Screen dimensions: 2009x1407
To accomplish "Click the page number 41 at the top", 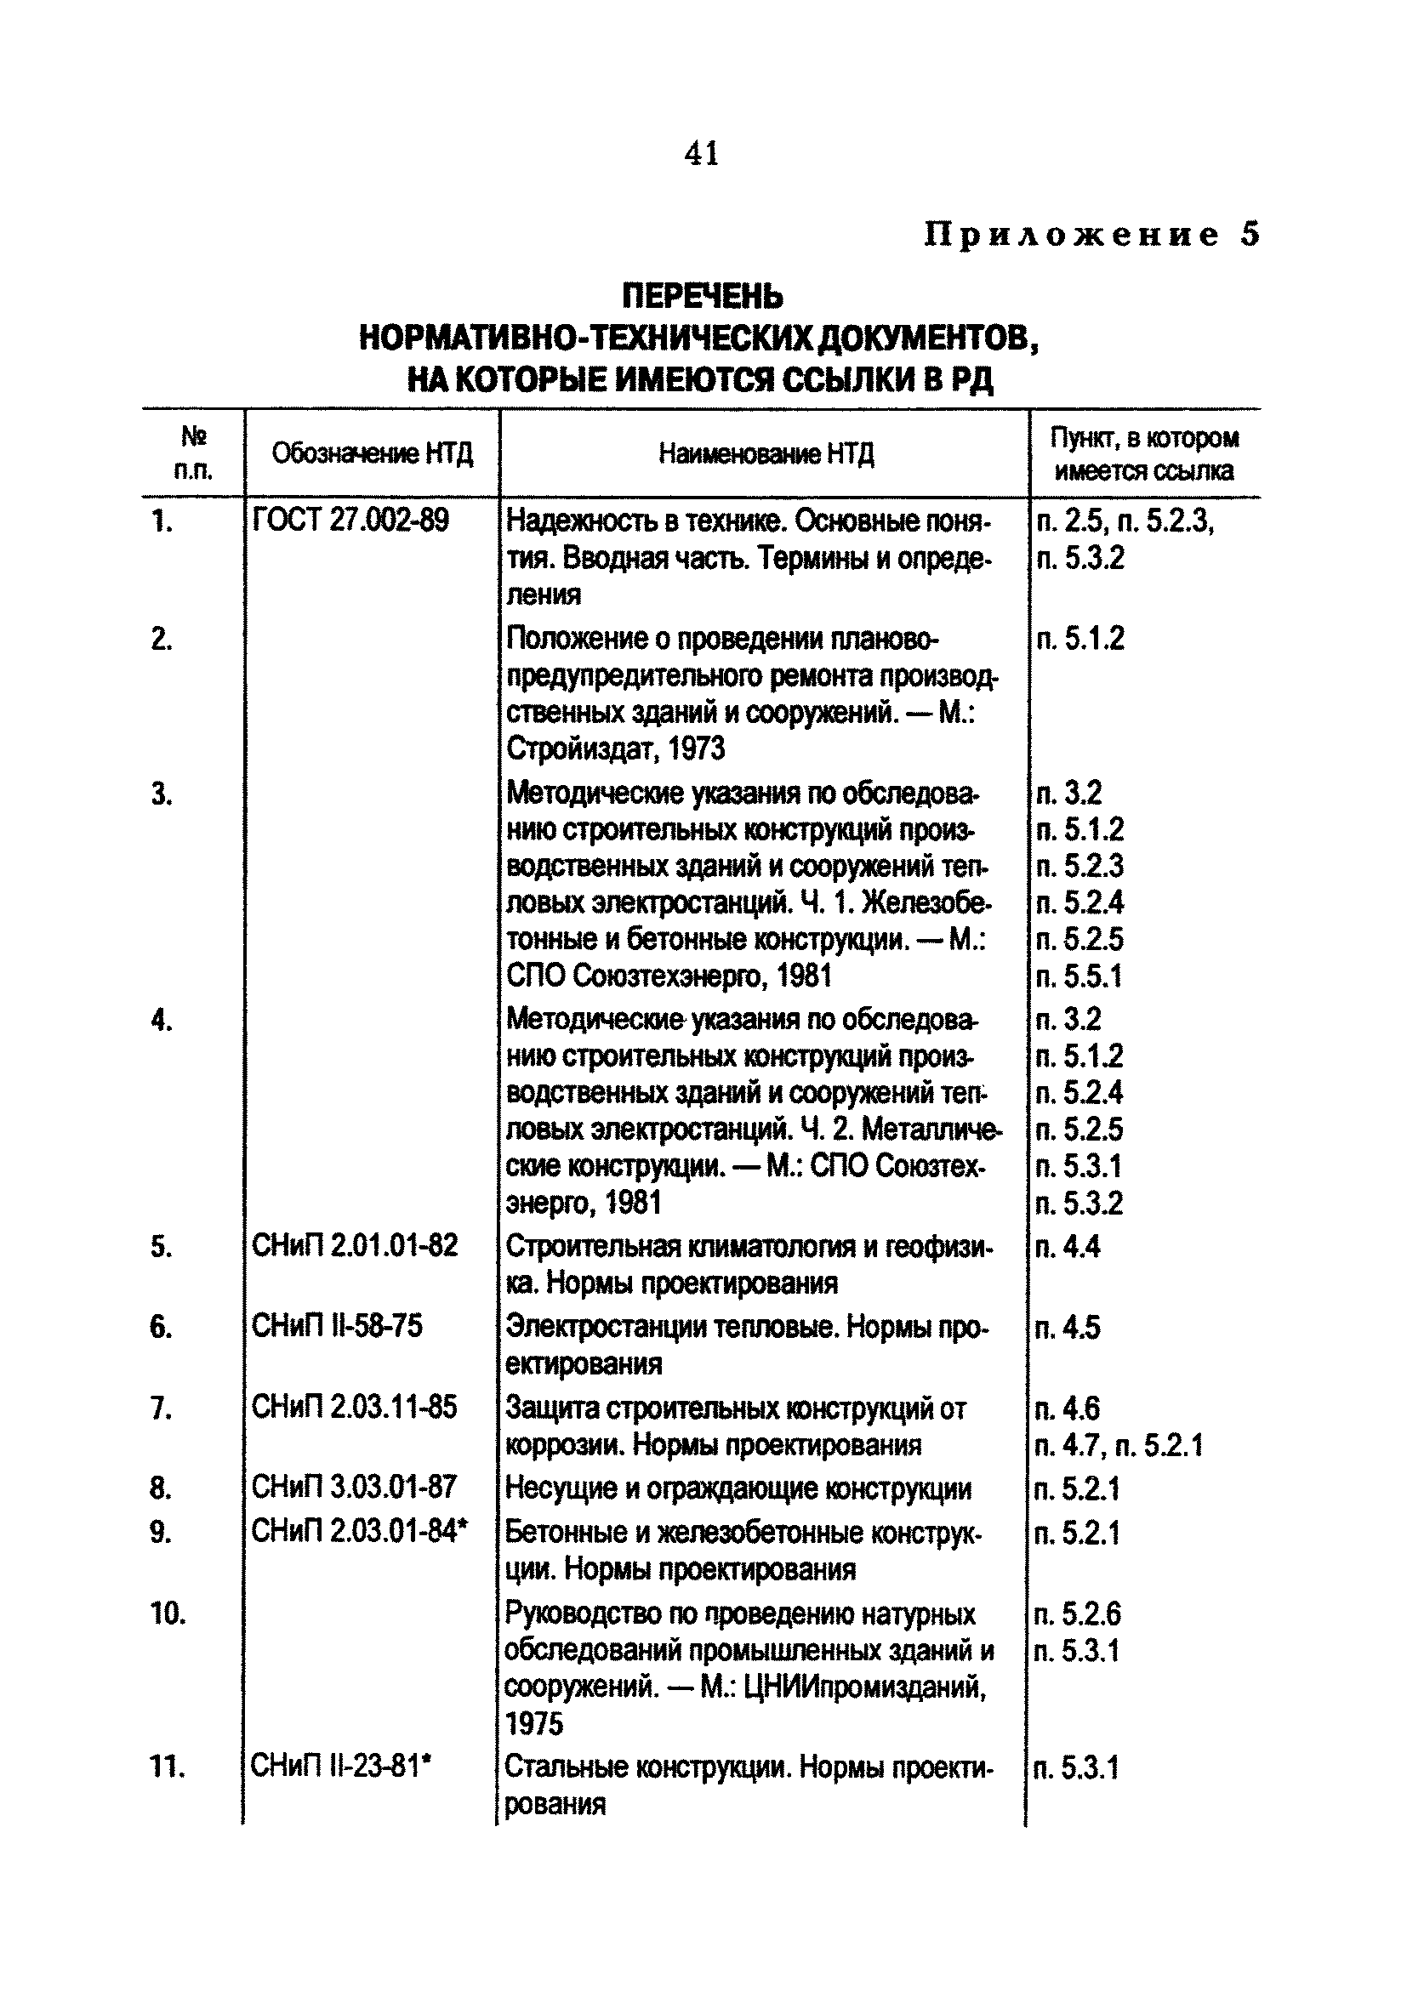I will tap(701, 153).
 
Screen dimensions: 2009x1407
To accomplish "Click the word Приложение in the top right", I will tap(1071, 235).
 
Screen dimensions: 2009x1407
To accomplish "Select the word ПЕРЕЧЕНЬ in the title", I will tap(703, 297).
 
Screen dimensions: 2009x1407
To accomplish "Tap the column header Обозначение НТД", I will tap(372, 453).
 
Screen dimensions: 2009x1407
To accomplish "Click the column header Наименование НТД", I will tap(766, 453).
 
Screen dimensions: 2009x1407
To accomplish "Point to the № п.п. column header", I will tap(192, 452).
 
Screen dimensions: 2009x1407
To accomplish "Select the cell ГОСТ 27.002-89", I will tap(350, 521).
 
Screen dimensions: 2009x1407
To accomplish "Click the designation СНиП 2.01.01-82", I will tap(355, 1246).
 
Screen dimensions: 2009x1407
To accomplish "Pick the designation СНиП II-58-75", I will tap(337, 1327).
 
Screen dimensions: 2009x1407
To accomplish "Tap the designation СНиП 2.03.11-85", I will tap(355, 1407).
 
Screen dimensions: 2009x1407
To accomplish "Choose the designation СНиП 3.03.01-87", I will tap(355, 1487).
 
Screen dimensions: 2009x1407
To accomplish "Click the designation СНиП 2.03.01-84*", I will tap(360, 1531).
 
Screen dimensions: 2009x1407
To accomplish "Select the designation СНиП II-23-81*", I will tap(341, 1767).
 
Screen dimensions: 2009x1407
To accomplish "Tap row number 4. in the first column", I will tap(161, 1021).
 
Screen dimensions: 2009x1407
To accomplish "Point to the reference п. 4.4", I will tap(1068, 1246).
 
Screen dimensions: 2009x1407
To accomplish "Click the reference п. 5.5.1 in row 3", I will tap(1078, 976).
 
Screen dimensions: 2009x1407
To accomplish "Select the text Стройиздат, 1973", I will tap(616, 749).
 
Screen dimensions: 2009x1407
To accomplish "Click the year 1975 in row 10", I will tap(533, 1724).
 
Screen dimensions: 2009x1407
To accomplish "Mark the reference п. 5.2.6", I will tap(1077, 1613).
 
